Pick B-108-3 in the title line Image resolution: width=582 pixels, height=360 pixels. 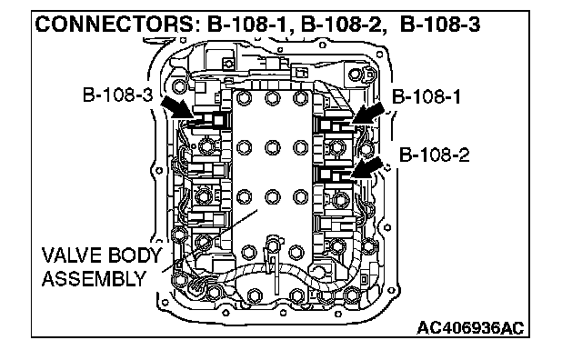440,25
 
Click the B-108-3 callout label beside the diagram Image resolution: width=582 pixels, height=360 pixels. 117,95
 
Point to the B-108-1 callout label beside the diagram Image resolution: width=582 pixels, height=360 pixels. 426,97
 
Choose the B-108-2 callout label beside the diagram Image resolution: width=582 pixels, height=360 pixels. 435,155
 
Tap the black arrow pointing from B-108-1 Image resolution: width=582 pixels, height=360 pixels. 368,113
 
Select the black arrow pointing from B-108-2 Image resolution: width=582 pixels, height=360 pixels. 366,167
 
